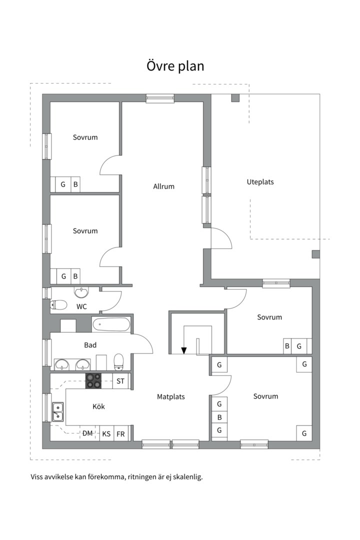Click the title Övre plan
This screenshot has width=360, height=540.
pyautogui.click(x=175, y=66)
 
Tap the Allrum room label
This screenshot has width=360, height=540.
pyautogui.click(x=163, y=186)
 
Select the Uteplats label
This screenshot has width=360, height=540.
pyautogui.click(x=260, y=182)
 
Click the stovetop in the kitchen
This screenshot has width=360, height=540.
pyautogui.click(x=93, y=381)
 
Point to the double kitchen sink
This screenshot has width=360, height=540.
pyautogui.click(x=57, y=412)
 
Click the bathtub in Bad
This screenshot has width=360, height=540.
pyautogui.click(x=111, y=324)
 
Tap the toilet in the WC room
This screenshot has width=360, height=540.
pyautogui.click(x=58, y=305)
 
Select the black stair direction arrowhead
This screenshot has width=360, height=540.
pyautogui.click(x=184, y=350)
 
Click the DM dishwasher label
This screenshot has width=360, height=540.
pyautogui.click(x=87, y=433)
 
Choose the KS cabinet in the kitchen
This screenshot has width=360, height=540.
pyautogui.click(x=106, y=433)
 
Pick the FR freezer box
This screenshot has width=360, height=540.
pyautogui.click(x=120, y=433)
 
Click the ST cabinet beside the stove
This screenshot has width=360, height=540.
pyautogui.click(x=120, y=381)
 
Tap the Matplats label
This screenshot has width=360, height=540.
pyautogui.click(x=171, y=396)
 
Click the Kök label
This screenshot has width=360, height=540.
pyautogui.click(x=98, y=406)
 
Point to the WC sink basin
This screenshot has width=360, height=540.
pyautogui.click(x=81, y=292)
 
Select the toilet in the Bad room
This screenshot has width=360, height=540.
pyautogui.click(x=119, y=361)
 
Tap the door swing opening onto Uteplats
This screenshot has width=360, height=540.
pyautogui.click(x=221, y=237)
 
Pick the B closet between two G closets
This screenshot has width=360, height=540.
pyautogui.click(x=219, y=417)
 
